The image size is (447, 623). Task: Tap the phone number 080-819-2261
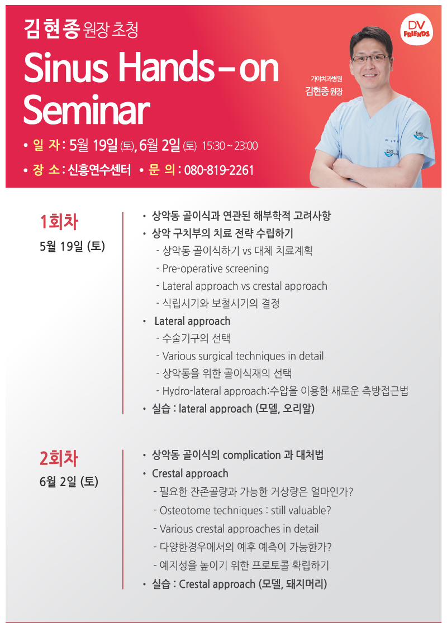tap(219, 170)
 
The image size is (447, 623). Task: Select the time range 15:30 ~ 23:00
tap(230, 146)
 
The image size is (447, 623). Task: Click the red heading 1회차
tap(59, 222)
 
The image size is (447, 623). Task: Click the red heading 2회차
tap(59, 458)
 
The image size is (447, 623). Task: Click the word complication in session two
tap(252, 456)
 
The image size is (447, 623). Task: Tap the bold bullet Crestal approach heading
tap(190, 473)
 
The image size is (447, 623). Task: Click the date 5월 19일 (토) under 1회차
tap(73, 246)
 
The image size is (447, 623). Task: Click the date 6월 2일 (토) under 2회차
tap(69, 482)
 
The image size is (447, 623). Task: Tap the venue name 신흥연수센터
tap(99, 170)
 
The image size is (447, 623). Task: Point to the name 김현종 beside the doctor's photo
tap(317, 92)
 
